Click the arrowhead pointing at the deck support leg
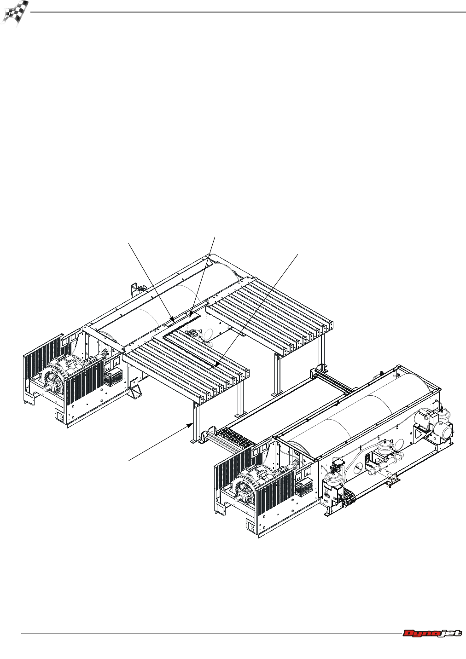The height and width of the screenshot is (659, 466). (x=192, y=424)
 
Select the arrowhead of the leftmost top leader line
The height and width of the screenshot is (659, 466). (x=173, y=318)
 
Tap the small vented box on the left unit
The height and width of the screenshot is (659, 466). (x=113, y=376)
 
